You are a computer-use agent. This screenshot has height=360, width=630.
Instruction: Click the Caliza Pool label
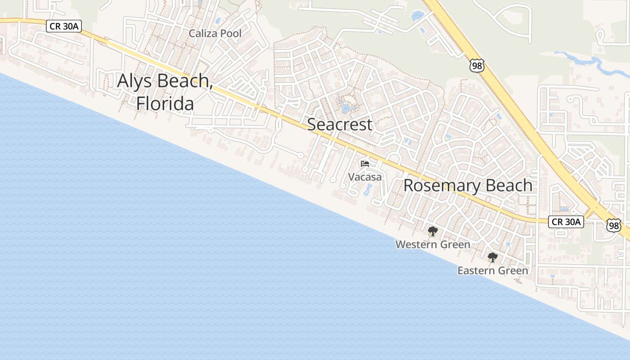[x=215, y=33]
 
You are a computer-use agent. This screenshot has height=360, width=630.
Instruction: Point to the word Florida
[x=165, y=103]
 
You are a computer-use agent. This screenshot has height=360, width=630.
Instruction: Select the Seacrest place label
[x=339, y=125]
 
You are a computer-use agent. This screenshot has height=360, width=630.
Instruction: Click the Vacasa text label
[x=364, y=177]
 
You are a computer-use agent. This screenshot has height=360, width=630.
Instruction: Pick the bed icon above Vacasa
[x=364, y=163]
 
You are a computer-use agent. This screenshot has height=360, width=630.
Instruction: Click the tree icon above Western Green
[x=432, y=231]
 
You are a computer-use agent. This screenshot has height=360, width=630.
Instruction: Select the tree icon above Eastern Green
[x=492, y=257]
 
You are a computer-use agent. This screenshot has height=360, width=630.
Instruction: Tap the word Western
[x=416, y=244]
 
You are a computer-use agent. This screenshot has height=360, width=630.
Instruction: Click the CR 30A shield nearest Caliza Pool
[x=64, y=26]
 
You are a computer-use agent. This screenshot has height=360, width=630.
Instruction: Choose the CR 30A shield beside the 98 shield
[x=566, y=221]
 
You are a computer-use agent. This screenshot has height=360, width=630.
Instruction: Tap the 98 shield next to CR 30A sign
[x=613, y=225]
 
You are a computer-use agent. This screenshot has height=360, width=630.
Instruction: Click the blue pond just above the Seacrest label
[x=347, y=108]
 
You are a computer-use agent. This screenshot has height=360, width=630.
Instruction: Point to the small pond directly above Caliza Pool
[x=218, y=21]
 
